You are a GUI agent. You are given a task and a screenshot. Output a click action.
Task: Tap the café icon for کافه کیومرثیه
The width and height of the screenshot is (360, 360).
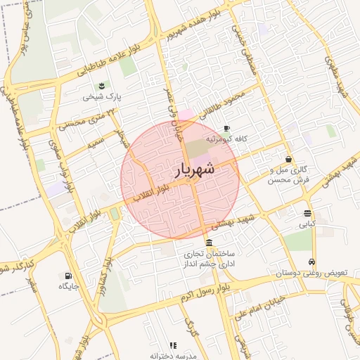(226, 129)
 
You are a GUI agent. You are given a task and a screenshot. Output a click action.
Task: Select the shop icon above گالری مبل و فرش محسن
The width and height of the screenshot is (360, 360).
(289, 159)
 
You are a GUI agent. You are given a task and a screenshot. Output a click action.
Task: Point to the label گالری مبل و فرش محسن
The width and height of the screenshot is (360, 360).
(289, 175)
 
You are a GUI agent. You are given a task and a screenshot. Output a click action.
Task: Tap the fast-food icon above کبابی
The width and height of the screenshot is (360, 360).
(308, 213)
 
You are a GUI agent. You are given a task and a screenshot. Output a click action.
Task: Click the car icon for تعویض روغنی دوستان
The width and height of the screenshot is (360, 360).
(312, 262)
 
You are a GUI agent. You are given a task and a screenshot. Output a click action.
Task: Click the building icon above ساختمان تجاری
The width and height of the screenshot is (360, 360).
(209, 243)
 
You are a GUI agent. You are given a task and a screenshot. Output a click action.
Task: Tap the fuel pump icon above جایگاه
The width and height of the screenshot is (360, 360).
(68, 276)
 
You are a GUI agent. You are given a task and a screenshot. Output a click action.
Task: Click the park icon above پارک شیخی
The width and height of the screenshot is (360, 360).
(103, 86)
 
